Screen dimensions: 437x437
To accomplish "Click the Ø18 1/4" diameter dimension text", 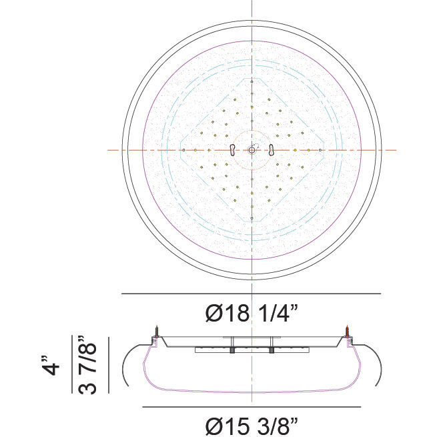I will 251,313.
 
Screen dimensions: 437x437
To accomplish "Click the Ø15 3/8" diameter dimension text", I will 251,424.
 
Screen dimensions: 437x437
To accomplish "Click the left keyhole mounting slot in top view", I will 230,150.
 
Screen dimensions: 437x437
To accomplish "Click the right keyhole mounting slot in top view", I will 272,150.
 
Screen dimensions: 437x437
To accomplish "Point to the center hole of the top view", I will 251,150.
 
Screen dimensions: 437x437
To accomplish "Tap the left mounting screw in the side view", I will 156,332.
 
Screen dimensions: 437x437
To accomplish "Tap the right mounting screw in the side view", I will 347,332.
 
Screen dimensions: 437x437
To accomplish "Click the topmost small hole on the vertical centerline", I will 251,83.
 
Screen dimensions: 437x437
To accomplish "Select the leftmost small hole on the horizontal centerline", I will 183,150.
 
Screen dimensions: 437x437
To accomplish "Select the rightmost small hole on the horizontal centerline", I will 321,150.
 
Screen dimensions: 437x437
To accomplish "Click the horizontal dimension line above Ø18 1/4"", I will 251,294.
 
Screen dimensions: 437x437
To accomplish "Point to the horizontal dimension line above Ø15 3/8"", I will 251,406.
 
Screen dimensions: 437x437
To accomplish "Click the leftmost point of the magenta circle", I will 143,150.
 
